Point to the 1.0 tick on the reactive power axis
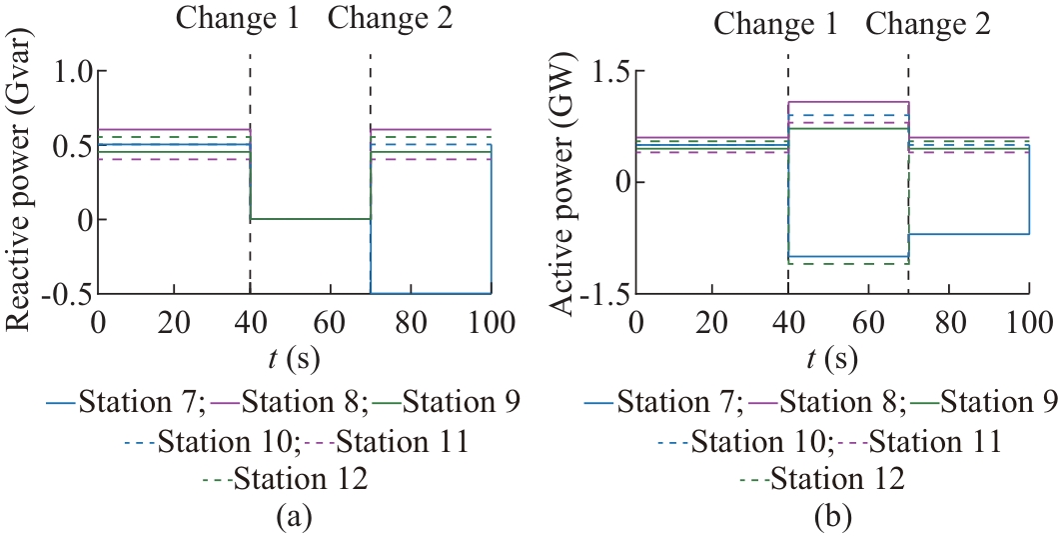click(x=71, y=72)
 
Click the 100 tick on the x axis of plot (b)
click(x=1028, y=322)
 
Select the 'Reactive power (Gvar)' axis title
click(x=20, y=182)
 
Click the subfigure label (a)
click(x=295, y=518)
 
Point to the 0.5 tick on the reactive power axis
click(x=71, y=146)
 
